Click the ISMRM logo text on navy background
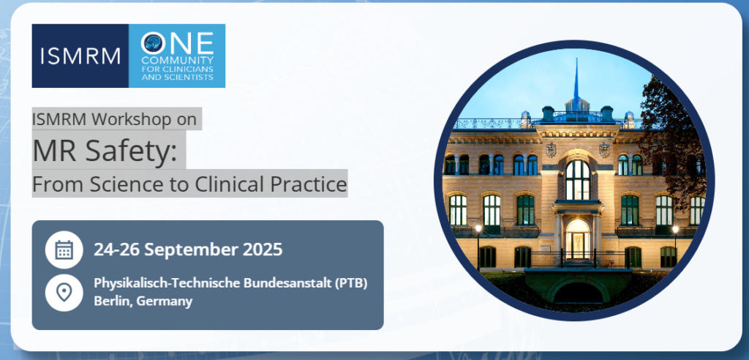[80, 56]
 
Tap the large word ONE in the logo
[177, 43]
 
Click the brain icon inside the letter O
[153, 43]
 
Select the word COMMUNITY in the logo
[177, 61]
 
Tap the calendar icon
[64, 250]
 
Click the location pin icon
[64, 292]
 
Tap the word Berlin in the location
[110, 301]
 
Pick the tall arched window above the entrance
[578, 179]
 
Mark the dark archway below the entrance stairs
[579, 292]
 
